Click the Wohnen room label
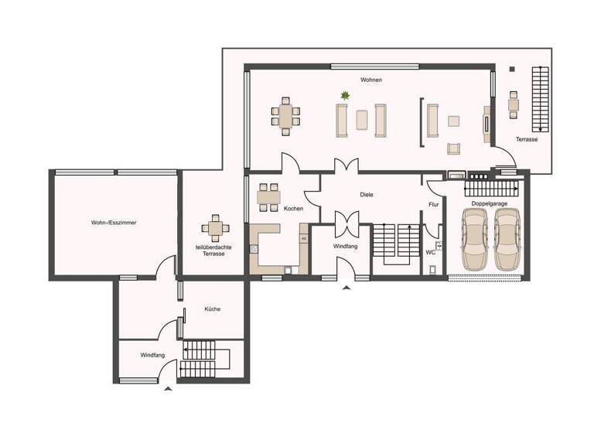coord(370,80)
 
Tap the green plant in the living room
coord(344,96)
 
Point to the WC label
coord(431,252)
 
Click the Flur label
coord(433,204)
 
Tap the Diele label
coord(367,195)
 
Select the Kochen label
coord(293,209)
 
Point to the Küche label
coord(212,309)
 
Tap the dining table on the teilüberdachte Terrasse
coord(215,228)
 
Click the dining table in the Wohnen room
coord(285,117)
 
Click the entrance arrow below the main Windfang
coord(346,287)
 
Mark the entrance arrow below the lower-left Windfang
coord(168,390)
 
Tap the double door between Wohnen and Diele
coord(346,165)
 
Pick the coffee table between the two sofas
coord(361,120)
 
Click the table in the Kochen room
coord(268,196)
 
